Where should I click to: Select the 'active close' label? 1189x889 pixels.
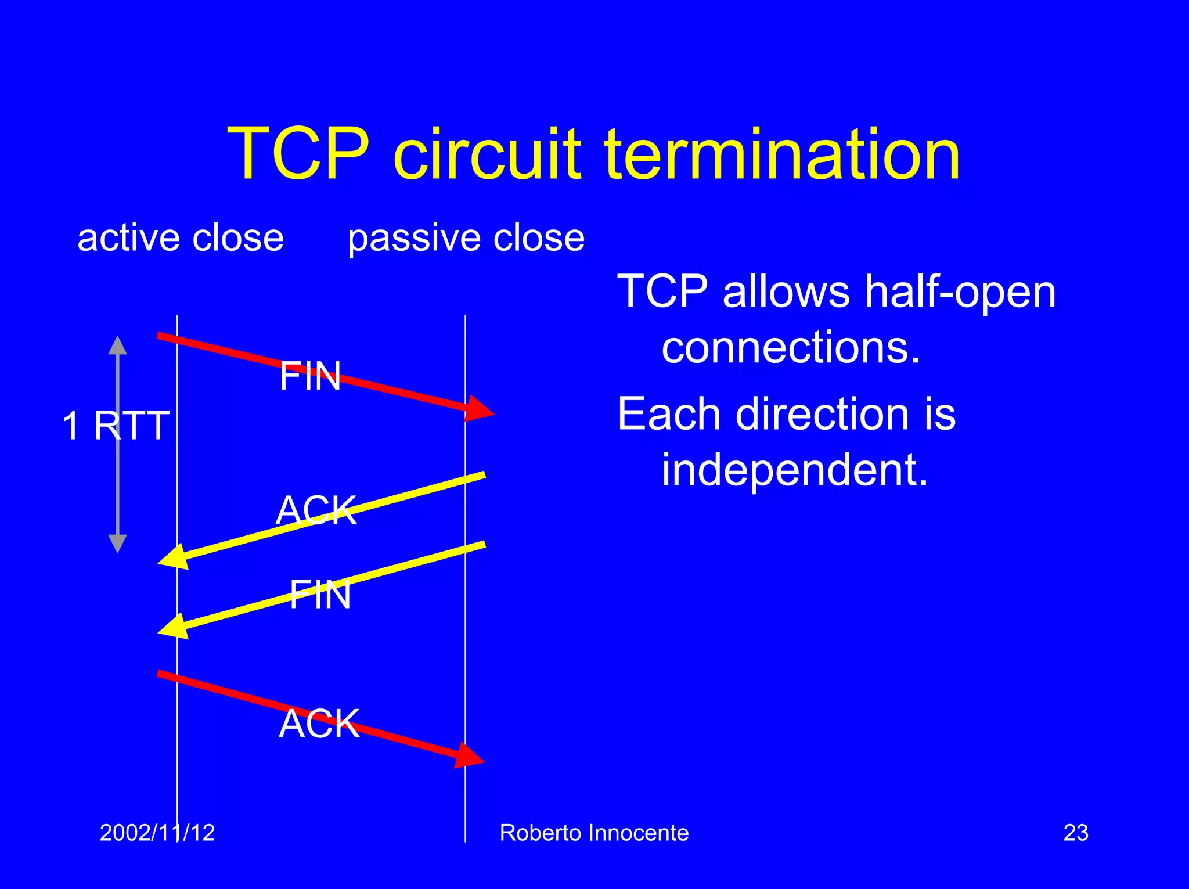click(x=181, y=238)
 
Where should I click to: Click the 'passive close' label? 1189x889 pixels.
click(x=466, y=238)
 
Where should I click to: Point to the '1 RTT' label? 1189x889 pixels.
click(x=116, y=426)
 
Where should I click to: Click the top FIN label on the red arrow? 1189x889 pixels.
click(x=310, y=376)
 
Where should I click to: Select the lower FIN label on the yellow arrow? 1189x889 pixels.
click(x=320, y=595)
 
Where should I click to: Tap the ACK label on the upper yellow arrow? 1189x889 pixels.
click(x=316, y=510)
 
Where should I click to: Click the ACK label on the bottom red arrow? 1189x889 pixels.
click(x=319, y=724)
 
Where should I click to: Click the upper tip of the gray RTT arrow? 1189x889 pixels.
click(x=118, y=340)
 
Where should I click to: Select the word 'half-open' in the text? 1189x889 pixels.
click(x=960, y=291)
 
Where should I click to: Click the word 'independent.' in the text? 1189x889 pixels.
click(x=795, y=469)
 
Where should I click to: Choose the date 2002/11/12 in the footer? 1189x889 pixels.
click(x=157, y=833)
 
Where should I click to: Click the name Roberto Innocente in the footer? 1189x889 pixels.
click(x=594, y=833)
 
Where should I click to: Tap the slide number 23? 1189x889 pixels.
click(x=1075, y=833)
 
